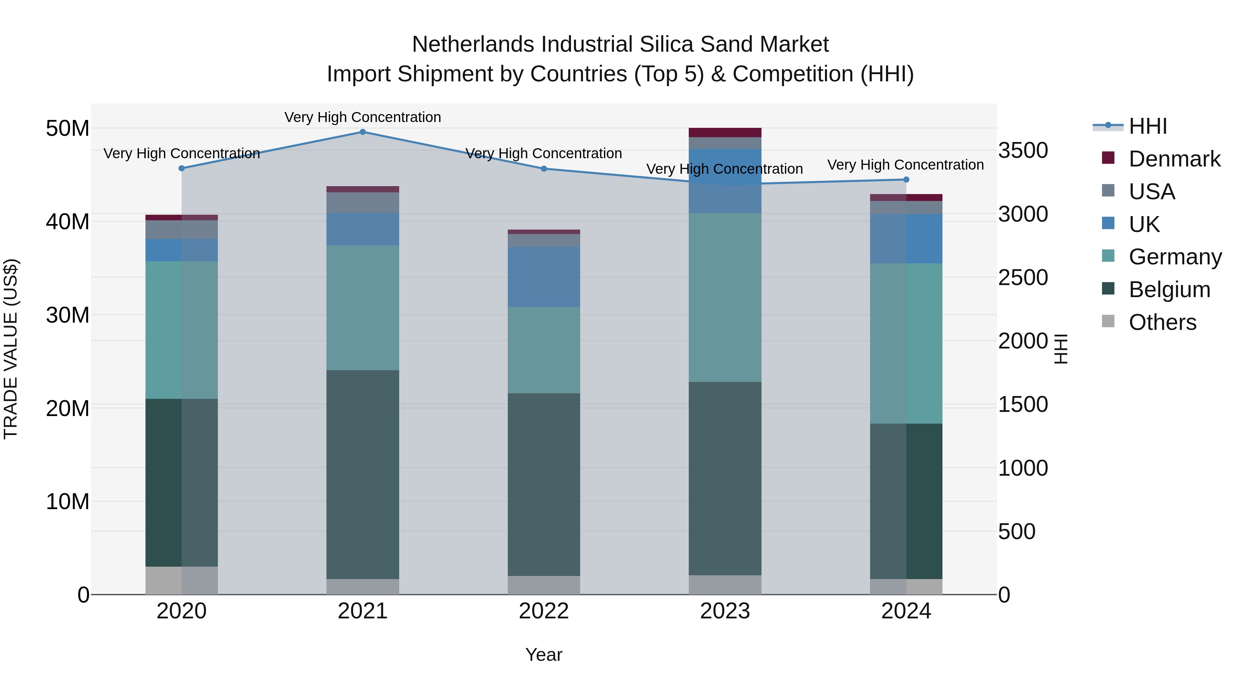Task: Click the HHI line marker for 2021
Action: (x=363, y=132)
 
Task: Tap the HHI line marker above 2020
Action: (x=182, y=168)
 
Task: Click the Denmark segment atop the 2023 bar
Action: (x=725, y=132)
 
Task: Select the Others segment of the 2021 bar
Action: (x=363, y=586)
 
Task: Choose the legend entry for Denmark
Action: (x=1174, y=159)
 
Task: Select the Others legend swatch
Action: (x=1108, y=321)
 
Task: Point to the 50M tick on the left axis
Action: (x=68, y=129)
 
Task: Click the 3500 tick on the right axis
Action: (x=1023, y=150)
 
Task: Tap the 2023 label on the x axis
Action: (x=725, y=611)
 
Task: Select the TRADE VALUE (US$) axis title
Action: (x=11, y=349)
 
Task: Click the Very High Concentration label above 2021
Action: (x=363, y=117)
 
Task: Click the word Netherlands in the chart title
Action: (x=473, y=44)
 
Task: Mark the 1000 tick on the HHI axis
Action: (x=1023, y=468)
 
